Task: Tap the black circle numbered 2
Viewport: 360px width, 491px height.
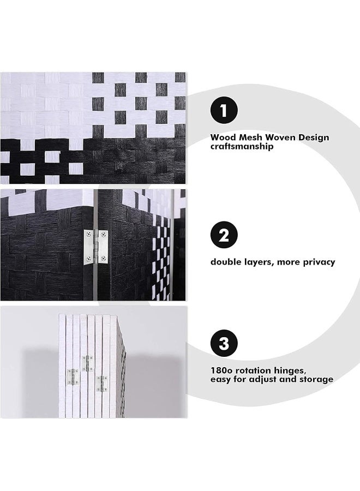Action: pos(224,235)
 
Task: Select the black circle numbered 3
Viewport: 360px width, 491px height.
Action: pos(224,344)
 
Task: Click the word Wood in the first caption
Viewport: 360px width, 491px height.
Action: pos(223,137)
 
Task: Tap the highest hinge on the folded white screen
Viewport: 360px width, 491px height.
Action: pos(86,363)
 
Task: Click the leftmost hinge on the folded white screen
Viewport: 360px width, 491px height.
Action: pos(71,377)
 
